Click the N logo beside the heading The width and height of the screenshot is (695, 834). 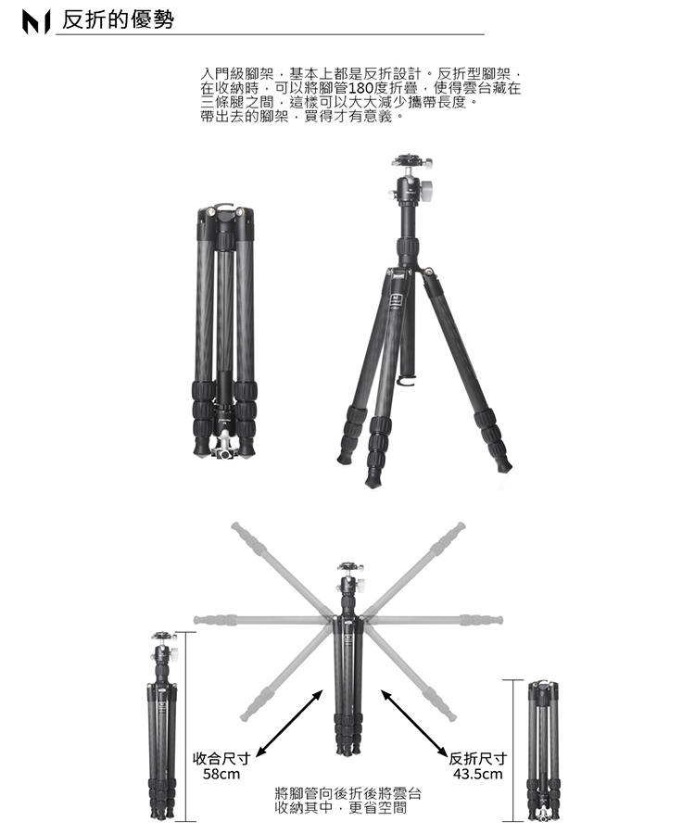[35, 22]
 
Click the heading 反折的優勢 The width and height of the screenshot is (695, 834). [118, 19]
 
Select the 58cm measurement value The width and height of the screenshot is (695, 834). [221, 774]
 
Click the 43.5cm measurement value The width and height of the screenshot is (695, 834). [477, 774]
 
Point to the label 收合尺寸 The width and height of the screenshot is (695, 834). [221, 758]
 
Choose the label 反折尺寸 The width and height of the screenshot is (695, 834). [477, 758]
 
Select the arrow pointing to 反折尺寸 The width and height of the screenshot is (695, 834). [414, 723]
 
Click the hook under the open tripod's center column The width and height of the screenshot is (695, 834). [407, 380]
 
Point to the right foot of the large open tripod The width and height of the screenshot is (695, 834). [502, 464]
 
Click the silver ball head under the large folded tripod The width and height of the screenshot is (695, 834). [224, 446]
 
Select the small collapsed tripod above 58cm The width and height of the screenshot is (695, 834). [162, 726]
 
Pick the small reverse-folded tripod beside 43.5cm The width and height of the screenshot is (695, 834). [543, 751]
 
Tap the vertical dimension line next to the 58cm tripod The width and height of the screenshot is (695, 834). [186, 727]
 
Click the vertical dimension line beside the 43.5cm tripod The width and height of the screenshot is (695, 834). [513, 751]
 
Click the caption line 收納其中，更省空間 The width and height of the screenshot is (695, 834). [341, 808]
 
